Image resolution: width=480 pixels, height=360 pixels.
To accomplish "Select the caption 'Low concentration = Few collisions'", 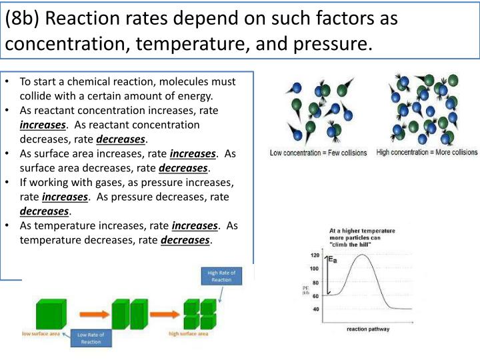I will point(318,153).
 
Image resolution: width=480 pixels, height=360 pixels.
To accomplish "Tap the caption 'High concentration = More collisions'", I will point(427,152).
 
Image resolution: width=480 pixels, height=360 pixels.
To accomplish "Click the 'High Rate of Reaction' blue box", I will point(221,276).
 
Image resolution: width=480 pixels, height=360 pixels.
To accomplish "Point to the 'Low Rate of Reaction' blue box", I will point(89,338).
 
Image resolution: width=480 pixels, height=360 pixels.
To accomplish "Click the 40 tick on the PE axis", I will point(314,309).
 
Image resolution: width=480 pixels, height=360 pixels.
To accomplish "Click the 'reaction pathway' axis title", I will point(368,329).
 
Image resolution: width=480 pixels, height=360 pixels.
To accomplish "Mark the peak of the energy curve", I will point(362,255).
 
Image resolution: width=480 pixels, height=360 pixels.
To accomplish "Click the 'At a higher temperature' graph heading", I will point(362,231).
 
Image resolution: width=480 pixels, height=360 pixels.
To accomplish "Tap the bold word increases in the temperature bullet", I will point(195,226).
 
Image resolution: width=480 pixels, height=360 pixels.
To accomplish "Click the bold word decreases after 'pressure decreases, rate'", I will point(44,211).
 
